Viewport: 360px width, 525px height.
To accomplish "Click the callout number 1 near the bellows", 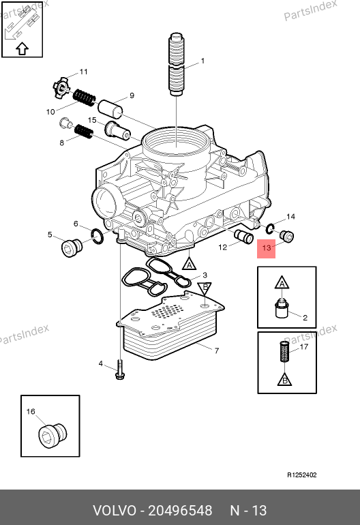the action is (x=202, y=61).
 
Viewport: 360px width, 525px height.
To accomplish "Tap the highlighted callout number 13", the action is (x=266, y=248).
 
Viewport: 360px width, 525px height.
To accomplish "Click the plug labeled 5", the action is (x=72, y=248).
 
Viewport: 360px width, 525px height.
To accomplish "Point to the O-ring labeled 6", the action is (x=97, y=237).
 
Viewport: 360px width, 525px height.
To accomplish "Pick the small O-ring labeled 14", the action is (x=270, y=229).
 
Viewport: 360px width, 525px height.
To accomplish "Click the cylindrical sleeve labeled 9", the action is (x=110, y=108).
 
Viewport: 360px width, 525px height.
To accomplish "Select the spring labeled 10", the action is (x=84, y=97).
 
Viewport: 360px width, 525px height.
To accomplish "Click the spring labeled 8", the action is (x=83, y=131).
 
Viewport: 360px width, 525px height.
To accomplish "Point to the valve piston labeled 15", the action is (x=117, y=131).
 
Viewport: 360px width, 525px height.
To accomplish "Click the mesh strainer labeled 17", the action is (x=284, y=351).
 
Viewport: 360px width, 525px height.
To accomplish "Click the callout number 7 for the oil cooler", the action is (x=217, y=350).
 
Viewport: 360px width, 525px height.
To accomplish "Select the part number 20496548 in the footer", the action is (x=180, y=511).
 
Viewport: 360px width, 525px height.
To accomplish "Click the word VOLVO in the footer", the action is (x=115, y=511).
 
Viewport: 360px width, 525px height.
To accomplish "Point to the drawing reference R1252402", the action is (x=302, y=475).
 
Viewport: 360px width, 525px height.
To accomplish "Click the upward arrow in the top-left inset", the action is (x=22, y=48).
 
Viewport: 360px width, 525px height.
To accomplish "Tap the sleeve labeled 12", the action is (x=245, y=237).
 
